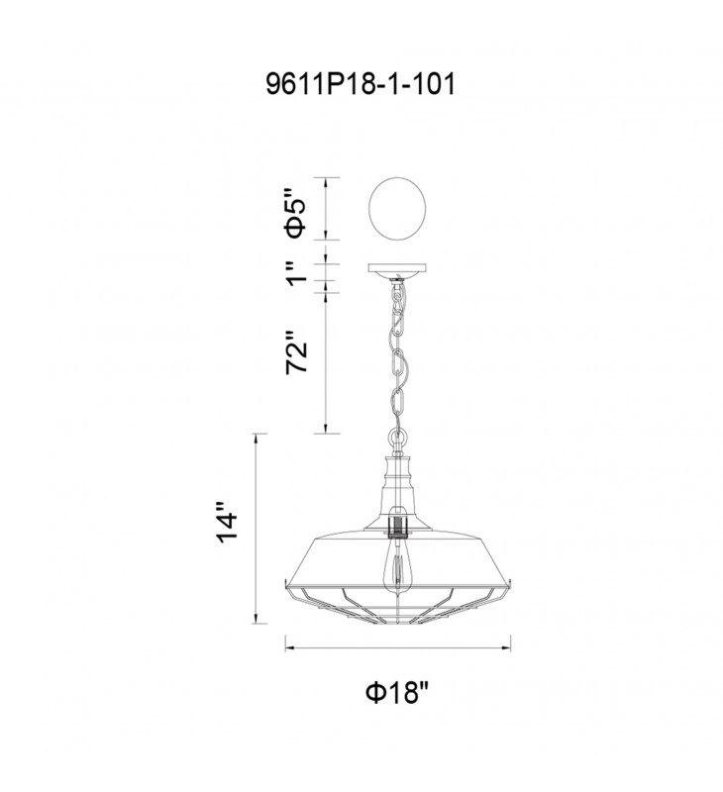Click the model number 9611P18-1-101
pyautogui.click(x=361, y=84)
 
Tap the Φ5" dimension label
pyautogui.click(x=296, y=213)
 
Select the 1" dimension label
pyautogui.click(x=296, y=273)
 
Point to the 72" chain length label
pyautogui.click(x=296, y=352)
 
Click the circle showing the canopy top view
pyautogui.click(x=397, y=206)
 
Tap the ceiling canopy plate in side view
pyautogui.click(x=397, y=268)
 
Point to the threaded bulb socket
pyautogui.click(x=398, y=525)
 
